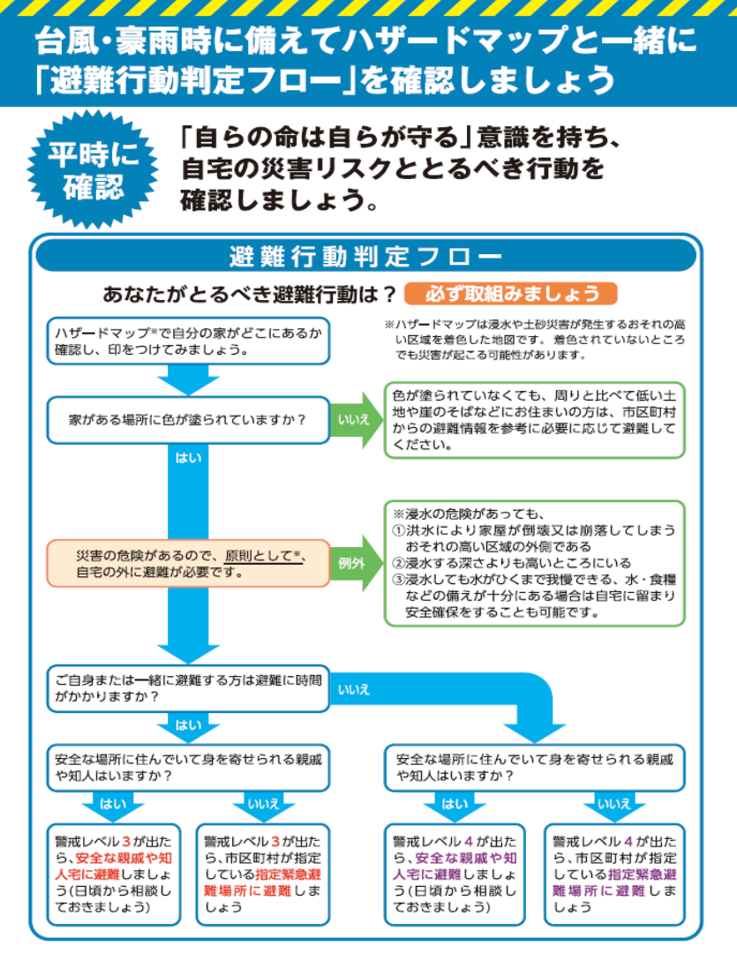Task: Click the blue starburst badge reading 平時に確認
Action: tap(93, 169)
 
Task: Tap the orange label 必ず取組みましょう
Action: tap(511, 294)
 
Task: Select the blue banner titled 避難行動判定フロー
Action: tap(366, 256)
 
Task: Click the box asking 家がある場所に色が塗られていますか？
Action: tap(188, 420)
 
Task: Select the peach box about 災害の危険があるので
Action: tap(188, 563)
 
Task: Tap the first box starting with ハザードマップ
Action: tap(188, 341)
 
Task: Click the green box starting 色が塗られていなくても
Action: tap(535, 420)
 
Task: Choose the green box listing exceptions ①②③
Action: tap(535, 563)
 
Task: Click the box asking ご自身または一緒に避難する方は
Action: tap(188, 688)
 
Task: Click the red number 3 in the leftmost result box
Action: tap(126, 842)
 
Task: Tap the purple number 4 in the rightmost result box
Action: tap(628, 842)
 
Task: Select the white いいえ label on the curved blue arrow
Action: tap(354, 690)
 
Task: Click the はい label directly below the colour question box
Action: tap(189, 458)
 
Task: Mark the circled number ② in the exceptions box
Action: tap(398, 563)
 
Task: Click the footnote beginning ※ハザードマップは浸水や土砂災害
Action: tap(535, 339)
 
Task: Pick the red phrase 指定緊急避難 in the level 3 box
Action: tap(288, 874)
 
